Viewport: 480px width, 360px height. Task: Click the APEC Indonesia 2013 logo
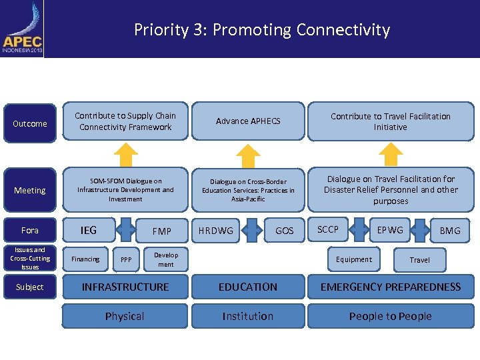tap(23, 30)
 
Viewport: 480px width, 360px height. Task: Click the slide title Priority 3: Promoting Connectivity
tap(261, 30)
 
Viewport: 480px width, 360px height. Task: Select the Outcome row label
tap(30, 123)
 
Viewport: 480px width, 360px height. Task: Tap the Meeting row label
tap(30, 190)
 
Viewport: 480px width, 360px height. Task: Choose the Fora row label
tap(30, 230)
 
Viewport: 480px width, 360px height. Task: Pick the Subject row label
tap(30, 287)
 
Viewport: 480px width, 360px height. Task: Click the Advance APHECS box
tap(248, 121)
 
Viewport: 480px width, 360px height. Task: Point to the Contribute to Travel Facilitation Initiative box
tap(390, 121)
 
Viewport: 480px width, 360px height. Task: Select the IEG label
tap(88, 230)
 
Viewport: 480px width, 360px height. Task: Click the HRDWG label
tap(215, 231)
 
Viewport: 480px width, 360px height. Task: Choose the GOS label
tap(285, 231)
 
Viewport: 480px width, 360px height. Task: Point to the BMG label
tap(449, 231)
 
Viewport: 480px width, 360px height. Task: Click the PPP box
tap(126, 259)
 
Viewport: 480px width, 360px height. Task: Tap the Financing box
tap(85, 259)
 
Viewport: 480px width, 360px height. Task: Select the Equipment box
tap(354, 259)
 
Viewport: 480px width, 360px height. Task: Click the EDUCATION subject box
tap(248, 287)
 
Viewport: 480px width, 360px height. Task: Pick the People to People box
tap(390, 316)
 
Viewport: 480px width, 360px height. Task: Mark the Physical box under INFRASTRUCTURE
tap(125, 316)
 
